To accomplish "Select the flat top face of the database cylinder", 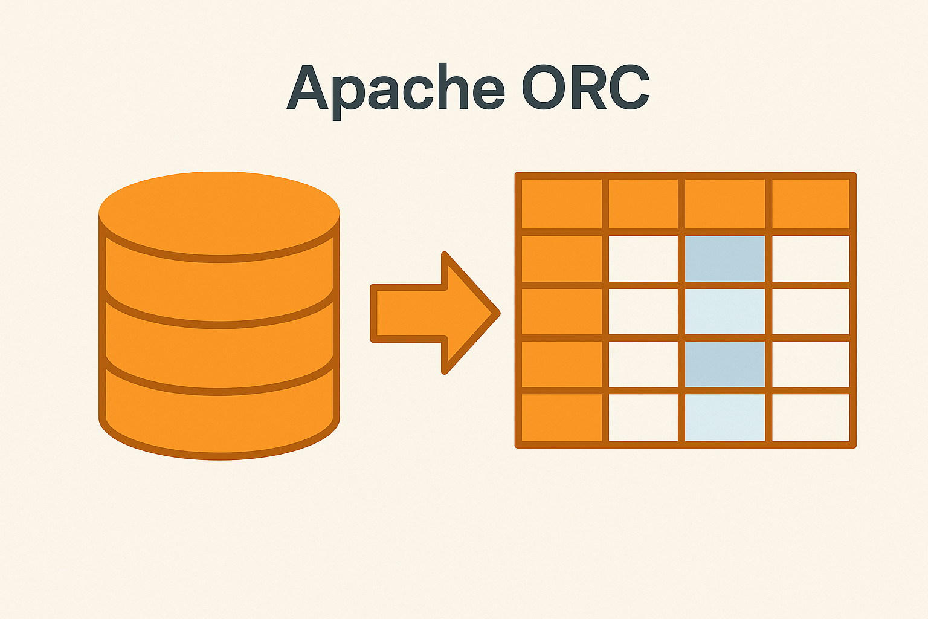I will click(219, 212).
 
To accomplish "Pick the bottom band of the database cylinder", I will click(219, 417).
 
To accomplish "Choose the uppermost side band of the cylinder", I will click(219, 284).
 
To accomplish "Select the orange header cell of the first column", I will click(562, 204).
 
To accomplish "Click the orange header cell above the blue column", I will click(724, 204).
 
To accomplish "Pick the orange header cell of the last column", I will click(811, 204).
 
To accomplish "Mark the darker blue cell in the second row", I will click(724, 259).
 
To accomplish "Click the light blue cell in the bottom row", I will click(724, 418).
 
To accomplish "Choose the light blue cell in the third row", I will click(724, 312).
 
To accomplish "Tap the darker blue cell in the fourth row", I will click(724, 365).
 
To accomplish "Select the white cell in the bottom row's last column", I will click(811, 418).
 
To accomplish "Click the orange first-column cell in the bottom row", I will click(562, 418).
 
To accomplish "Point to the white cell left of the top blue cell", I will click(643, 259).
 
